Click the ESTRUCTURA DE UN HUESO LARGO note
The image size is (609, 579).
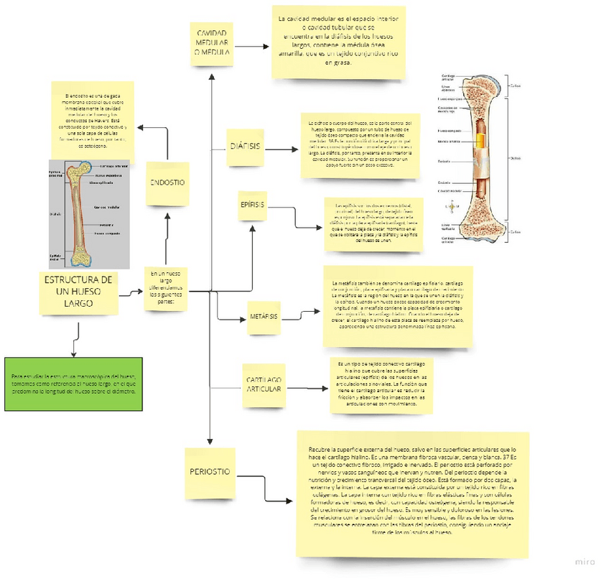click(78, 293)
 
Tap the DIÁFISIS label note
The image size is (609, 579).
click(245, 147)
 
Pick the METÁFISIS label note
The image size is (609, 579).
click(264, 316)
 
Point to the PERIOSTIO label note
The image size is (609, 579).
click(210, 472)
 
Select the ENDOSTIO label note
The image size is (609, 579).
click(167, 183)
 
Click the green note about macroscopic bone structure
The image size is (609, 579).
click(73, 384)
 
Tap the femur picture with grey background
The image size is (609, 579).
click(89, 213)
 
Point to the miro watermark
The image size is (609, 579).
click(585, 560)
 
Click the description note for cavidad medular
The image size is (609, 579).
click(338, 43)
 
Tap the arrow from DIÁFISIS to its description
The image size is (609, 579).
click(282, 150)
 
